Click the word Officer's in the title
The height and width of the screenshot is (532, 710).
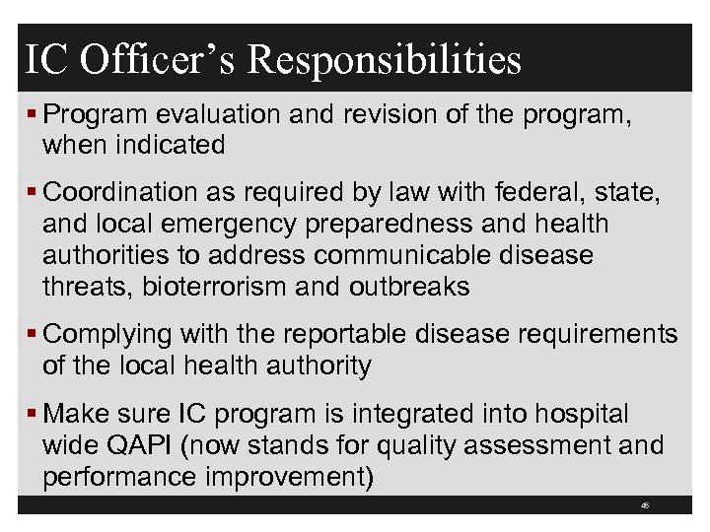[x=156, y=59]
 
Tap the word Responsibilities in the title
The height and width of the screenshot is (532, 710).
[x=385, y=59]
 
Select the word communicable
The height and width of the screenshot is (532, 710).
[x=410, y=255]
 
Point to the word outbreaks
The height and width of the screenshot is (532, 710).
[x=409, y=287]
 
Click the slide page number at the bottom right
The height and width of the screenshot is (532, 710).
[x=643, y=504]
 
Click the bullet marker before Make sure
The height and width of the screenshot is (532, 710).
[x=35, y=414]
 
